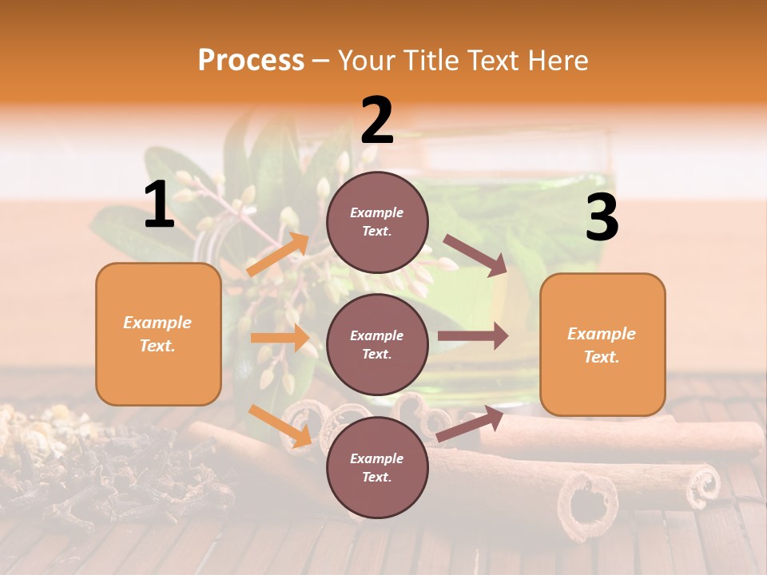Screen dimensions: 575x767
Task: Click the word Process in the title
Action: click(251, 60)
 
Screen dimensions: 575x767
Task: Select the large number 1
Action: click(159, 205)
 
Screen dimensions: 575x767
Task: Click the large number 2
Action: click(377, 121)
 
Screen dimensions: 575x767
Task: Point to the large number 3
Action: click(602, 218)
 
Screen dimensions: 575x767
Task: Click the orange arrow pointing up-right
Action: click(278, 255)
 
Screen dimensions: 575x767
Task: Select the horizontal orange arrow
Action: click(280, 338)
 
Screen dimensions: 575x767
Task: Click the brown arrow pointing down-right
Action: click(475, 256)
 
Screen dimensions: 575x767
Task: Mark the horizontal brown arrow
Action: click(473, 336)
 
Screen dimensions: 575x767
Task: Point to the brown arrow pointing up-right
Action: click(470, 424)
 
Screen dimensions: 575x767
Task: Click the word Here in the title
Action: click(559, 60)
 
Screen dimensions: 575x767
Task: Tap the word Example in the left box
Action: click(157, 323)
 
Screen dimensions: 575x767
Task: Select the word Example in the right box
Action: click(602, 334)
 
